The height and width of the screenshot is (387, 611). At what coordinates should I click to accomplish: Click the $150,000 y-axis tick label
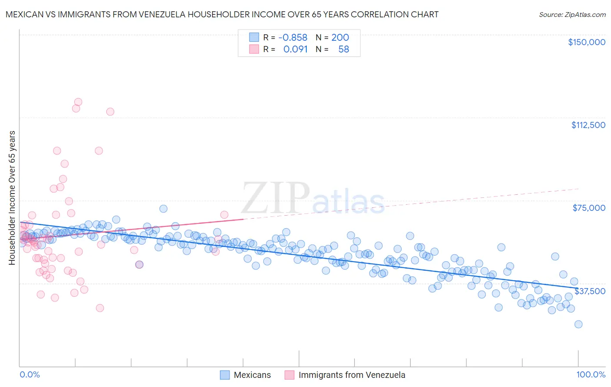(x=586, y=42)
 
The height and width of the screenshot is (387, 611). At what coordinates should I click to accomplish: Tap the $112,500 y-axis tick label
(x=588, y=125)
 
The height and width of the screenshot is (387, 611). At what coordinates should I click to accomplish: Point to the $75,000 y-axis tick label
(x=588, y=208)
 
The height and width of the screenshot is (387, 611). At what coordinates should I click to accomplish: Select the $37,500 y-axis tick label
(x=589, y=291)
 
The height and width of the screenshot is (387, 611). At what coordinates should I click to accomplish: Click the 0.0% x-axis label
(x=30, y=374)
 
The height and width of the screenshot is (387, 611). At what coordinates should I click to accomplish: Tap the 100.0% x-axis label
(x=591, y=374)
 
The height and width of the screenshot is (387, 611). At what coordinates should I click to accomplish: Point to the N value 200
(x=340, y=38)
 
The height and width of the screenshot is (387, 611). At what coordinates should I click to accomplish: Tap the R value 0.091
(x=295, y=49)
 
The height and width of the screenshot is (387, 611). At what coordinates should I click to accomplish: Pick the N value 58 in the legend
(x=343, y=49)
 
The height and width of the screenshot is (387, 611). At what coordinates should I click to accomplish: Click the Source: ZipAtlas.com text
(x=572, y=14)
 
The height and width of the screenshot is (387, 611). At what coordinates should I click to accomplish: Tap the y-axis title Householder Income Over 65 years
(x=12, y=197)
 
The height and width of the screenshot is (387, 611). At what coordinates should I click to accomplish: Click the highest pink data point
(x=78, y=102)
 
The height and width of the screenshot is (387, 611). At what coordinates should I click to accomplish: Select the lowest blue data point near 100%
(x=578, y=324)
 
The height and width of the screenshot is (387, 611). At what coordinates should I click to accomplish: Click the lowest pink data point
(x=100, y=308)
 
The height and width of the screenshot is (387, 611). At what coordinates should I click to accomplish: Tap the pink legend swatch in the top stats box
(x=254, y=49)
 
